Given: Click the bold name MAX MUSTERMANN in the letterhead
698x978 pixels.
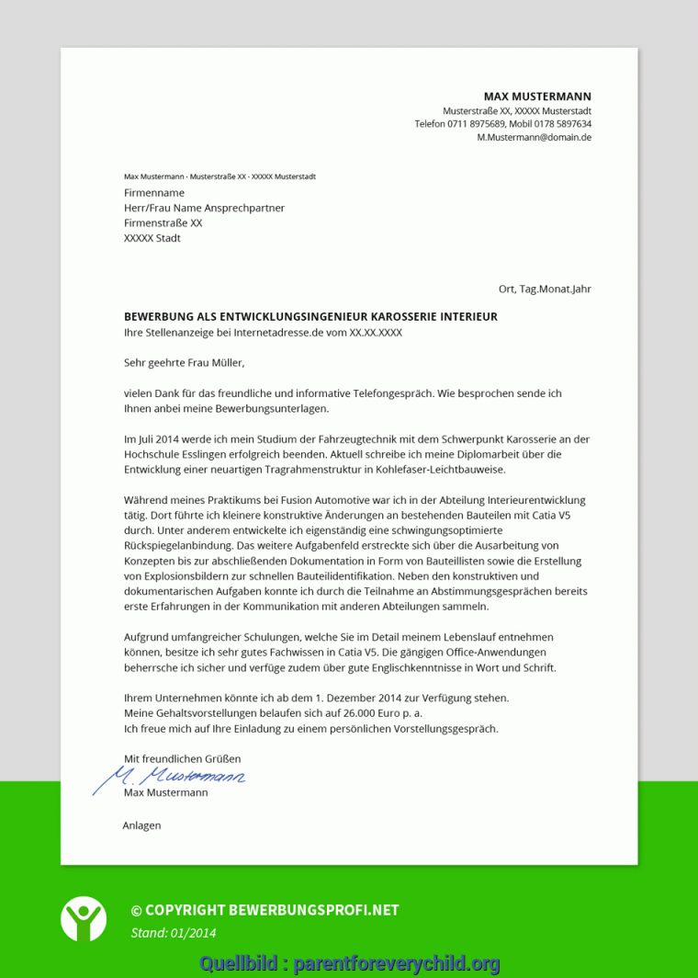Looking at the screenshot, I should [x=537, y=97].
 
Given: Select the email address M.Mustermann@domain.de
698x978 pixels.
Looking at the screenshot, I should [x=534, y=137].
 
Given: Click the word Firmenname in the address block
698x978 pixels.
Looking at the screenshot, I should [x=154, y=193].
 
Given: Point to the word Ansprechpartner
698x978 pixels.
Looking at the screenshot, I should [x=244, y=208].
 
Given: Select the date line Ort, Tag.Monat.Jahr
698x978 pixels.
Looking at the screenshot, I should [x=545, y=289].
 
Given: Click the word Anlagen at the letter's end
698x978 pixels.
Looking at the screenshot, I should [x=141, y=825].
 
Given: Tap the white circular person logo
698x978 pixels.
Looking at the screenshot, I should [x=84, y=917].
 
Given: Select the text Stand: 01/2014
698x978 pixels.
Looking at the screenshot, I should [x=174, y=933].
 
